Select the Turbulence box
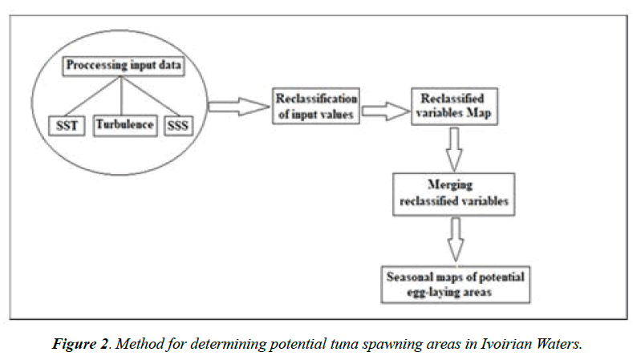124,125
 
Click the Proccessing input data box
124,66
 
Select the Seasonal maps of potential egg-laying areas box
456,283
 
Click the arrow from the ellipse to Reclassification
237,104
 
